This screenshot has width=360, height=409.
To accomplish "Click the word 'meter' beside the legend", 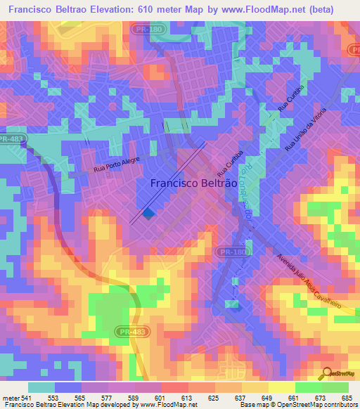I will pyautogui.click(x=11, y=397).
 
